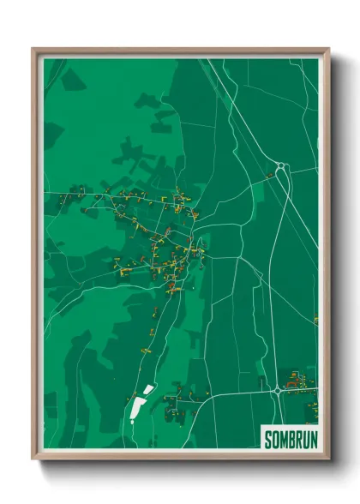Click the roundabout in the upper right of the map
click(x=282, y=168)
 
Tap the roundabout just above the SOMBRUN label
click(x=278, y=391)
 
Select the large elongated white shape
click(x=137, y=411)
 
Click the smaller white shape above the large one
click(x=148, y=390)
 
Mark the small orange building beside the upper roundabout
click(x=269, y=175)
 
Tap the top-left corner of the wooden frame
click(x=34, y=50)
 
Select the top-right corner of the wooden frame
click(x=327, y=50)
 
